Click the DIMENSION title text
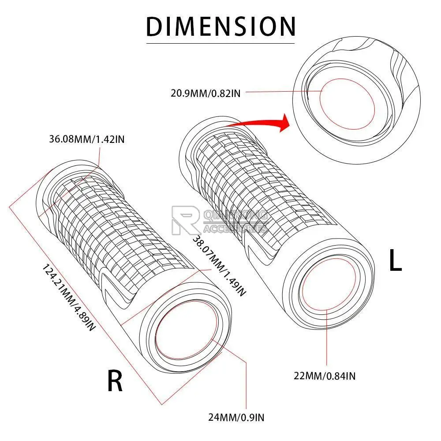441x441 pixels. [220, 26]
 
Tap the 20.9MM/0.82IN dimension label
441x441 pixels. [205, 93]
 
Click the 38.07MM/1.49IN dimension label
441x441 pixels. [218, 265]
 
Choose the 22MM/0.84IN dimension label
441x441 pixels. [325, 376]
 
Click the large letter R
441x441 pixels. [115, 381]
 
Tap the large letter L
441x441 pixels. [395, 261]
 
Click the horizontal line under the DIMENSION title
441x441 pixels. [220, 43]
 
